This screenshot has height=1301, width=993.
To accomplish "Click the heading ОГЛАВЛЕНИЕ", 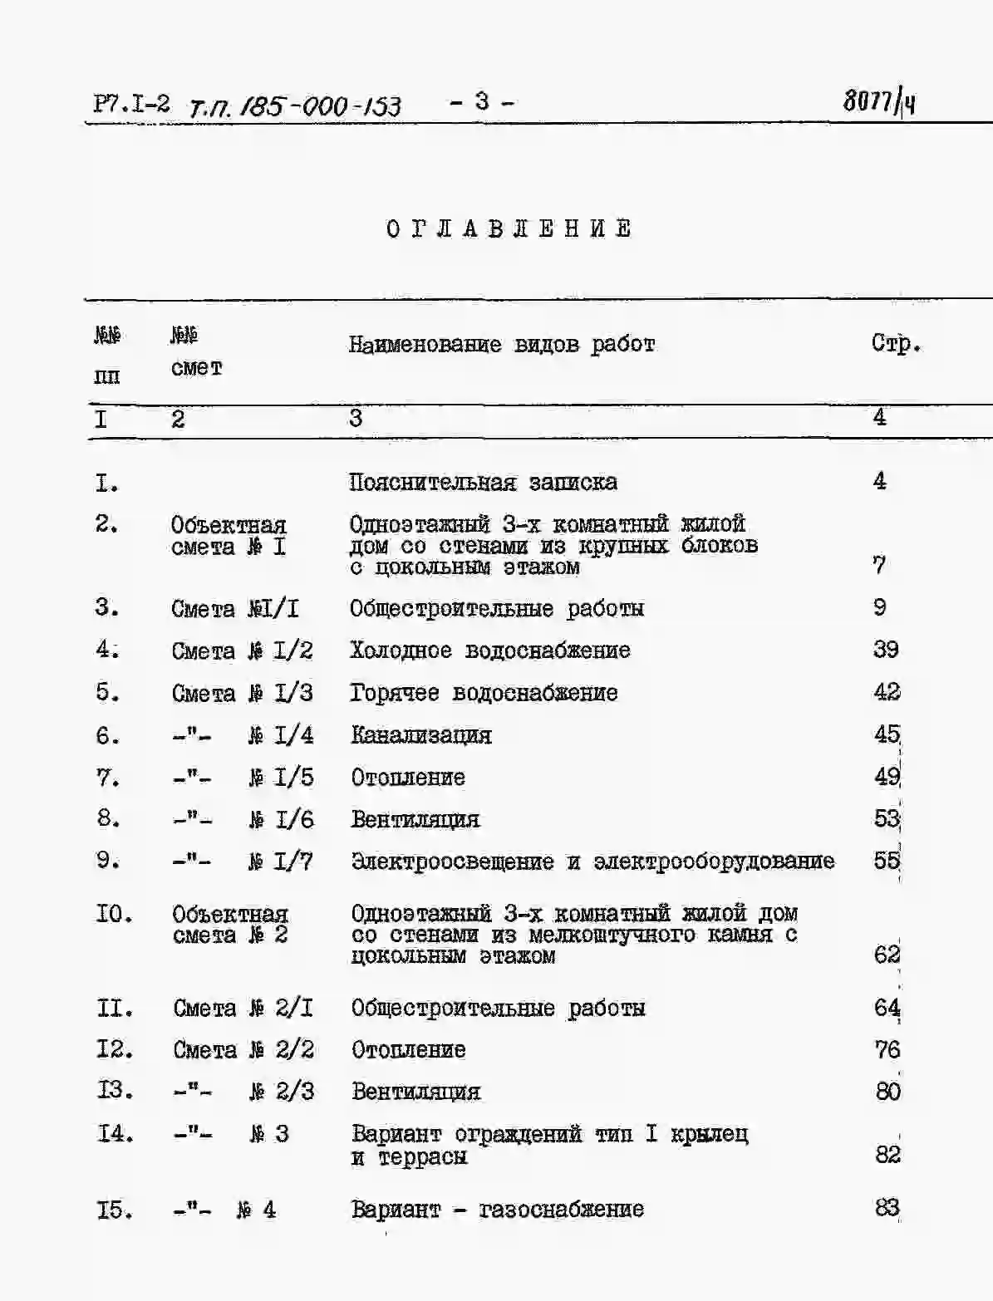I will click(509, 229).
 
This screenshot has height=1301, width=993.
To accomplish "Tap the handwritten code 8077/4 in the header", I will click(879, 102).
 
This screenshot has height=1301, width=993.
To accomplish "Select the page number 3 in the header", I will click(482, 101).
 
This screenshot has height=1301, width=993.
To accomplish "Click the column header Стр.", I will click(895, 343).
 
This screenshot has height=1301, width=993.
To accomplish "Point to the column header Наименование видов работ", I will click(502, 344).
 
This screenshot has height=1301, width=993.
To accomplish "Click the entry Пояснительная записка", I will click(483, 482).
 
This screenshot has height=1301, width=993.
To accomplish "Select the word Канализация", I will click(421, 735).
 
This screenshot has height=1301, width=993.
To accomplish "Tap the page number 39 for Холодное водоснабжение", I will click(886, 650).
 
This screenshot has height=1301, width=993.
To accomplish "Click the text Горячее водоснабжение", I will click(484, 693).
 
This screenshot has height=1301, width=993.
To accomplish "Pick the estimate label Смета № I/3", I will click(242, 693).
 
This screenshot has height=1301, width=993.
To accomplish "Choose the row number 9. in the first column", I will click(108, 860).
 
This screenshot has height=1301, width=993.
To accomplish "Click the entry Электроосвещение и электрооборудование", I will click(592, 862).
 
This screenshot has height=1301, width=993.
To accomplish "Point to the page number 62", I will click(887, 955).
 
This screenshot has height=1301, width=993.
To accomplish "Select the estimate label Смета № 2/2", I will click(243, 1050).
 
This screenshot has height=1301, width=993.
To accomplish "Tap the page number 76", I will click(887, 1050).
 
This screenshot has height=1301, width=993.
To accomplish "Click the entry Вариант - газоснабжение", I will click(497, 1210).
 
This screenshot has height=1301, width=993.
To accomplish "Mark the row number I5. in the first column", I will click(115, 1210).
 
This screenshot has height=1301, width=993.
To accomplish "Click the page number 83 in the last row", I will click(887, 1208).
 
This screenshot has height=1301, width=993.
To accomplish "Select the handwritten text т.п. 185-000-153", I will click(295, 106).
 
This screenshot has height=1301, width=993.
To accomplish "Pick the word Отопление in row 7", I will click(408, 778).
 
